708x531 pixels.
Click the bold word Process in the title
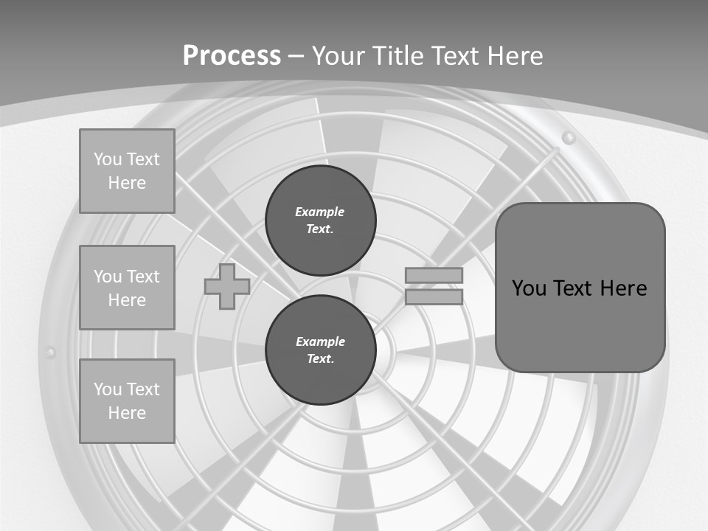click(232, 56)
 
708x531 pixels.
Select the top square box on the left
click(127, 171)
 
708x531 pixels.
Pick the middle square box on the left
click(127, 288)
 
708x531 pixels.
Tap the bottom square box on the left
click(127, 401)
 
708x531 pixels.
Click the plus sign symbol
click(226, 287)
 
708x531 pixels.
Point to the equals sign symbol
click(434, 286)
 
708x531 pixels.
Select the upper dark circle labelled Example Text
click(320, 221)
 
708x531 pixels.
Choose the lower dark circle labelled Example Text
click(320, 350)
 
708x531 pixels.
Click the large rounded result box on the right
click(580, 288)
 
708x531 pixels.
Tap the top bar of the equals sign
click(434, 276)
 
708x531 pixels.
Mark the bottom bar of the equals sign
click(434, 297)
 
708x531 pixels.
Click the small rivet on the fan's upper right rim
click(568, 137)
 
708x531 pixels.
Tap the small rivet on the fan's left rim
click(50, 353)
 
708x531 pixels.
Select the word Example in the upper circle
click(320, 212)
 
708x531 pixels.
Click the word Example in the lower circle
click(320, 341)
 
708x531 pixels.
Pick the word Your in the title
click(339, 56)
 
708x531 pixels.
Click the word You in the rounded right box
click(529, 288)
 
